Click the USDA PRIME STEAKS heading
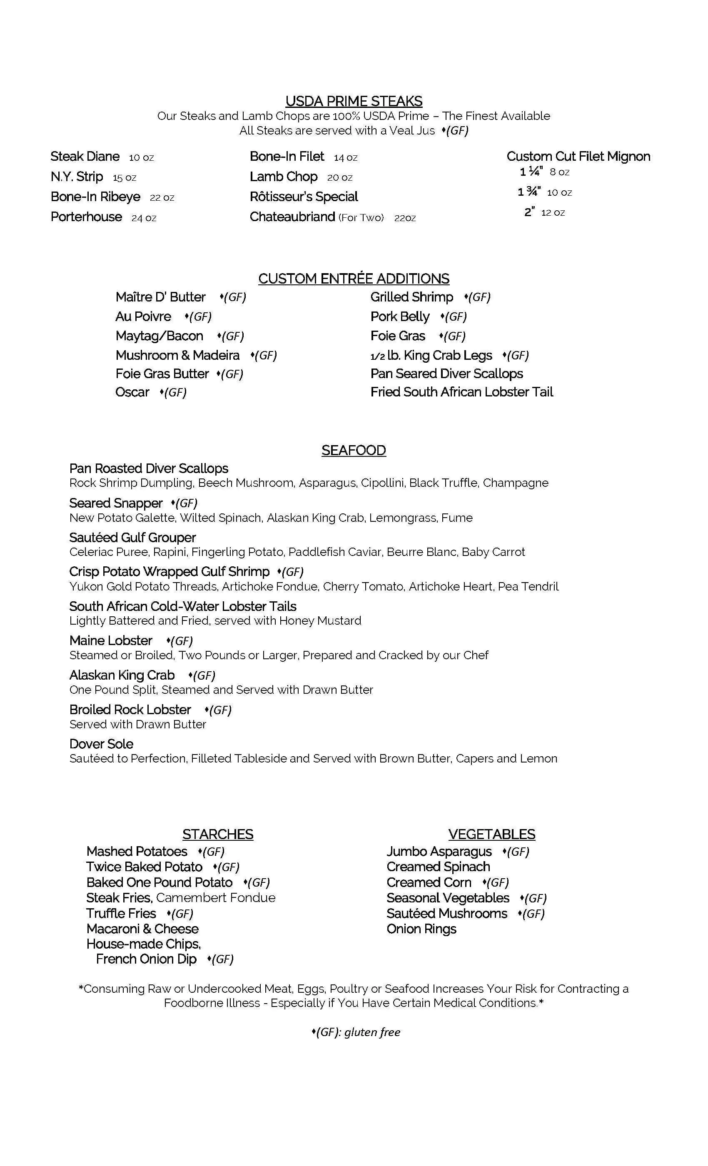pyautogui.click(x=354, y=101)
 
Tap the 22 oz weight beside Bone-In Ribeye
pyautogui.click(x=162, y=198)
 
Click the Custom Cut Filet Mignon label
pyautogui.click(x=578, y=157)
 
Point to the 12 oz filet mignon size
pyautogui.click(x=553, y=212)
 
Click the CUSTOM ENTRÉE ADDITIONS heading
pyautogui.click(x=354, y=279)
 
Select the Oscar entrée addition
pyautogui.click(x=132, y=392)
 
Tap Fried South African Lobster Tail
pyautogui.click(x=461, y=392)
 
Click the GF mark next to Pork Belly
pyautogui.click(x=454, y=317)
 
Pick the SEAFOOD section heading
pyautogui.click(x=354, y=451)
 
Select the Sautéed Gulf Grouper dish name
pyautogui.click(x=132, y=538)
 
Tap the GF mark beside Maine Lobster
pyautogui.click(x=180, y=641)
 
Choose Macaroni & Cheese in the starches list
pyautogui.click(x=142, y=929)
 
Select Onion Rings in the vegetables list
pyautogui.click(x=421, y=929)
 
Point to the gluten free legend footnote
pyautogui.click(x=356, y=1032)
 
